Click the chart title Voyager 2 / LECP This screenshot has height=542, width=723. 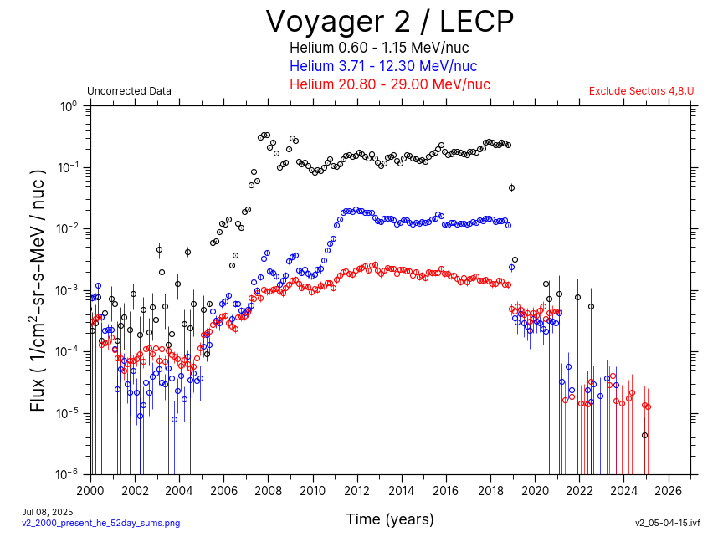(389, 21)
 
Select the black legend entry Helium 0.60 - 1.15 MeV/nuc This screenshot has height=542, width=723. (389, 49)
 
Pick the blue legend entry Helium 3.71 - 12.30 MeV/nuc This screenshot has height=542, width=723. (383, 66)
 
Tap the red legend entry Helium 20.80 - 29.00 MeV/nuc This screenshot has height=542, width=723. (389, 84)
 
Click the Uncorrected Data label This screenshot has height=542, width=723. (129, 91)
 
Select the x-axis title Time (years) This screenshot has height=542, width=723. (390, 519)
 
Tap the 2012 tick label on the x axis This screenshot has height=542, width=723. (357, 490)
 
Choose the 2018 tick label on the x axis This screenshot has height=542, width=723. (491, 490)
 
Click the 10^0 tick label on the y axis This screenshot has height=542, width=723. (68, 106)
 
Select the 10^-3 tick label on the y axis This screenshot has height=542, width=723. (68, 290)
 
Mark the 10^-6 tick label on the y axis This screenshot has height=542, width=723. (68, 474)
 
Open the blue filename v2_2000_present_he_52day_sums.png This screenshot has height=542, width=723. (100, 523)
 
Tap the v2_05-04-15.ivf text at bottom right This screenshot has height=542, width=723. (667, 523)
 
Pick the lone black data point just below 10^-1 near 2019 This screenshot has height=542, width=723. (511, 187)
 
